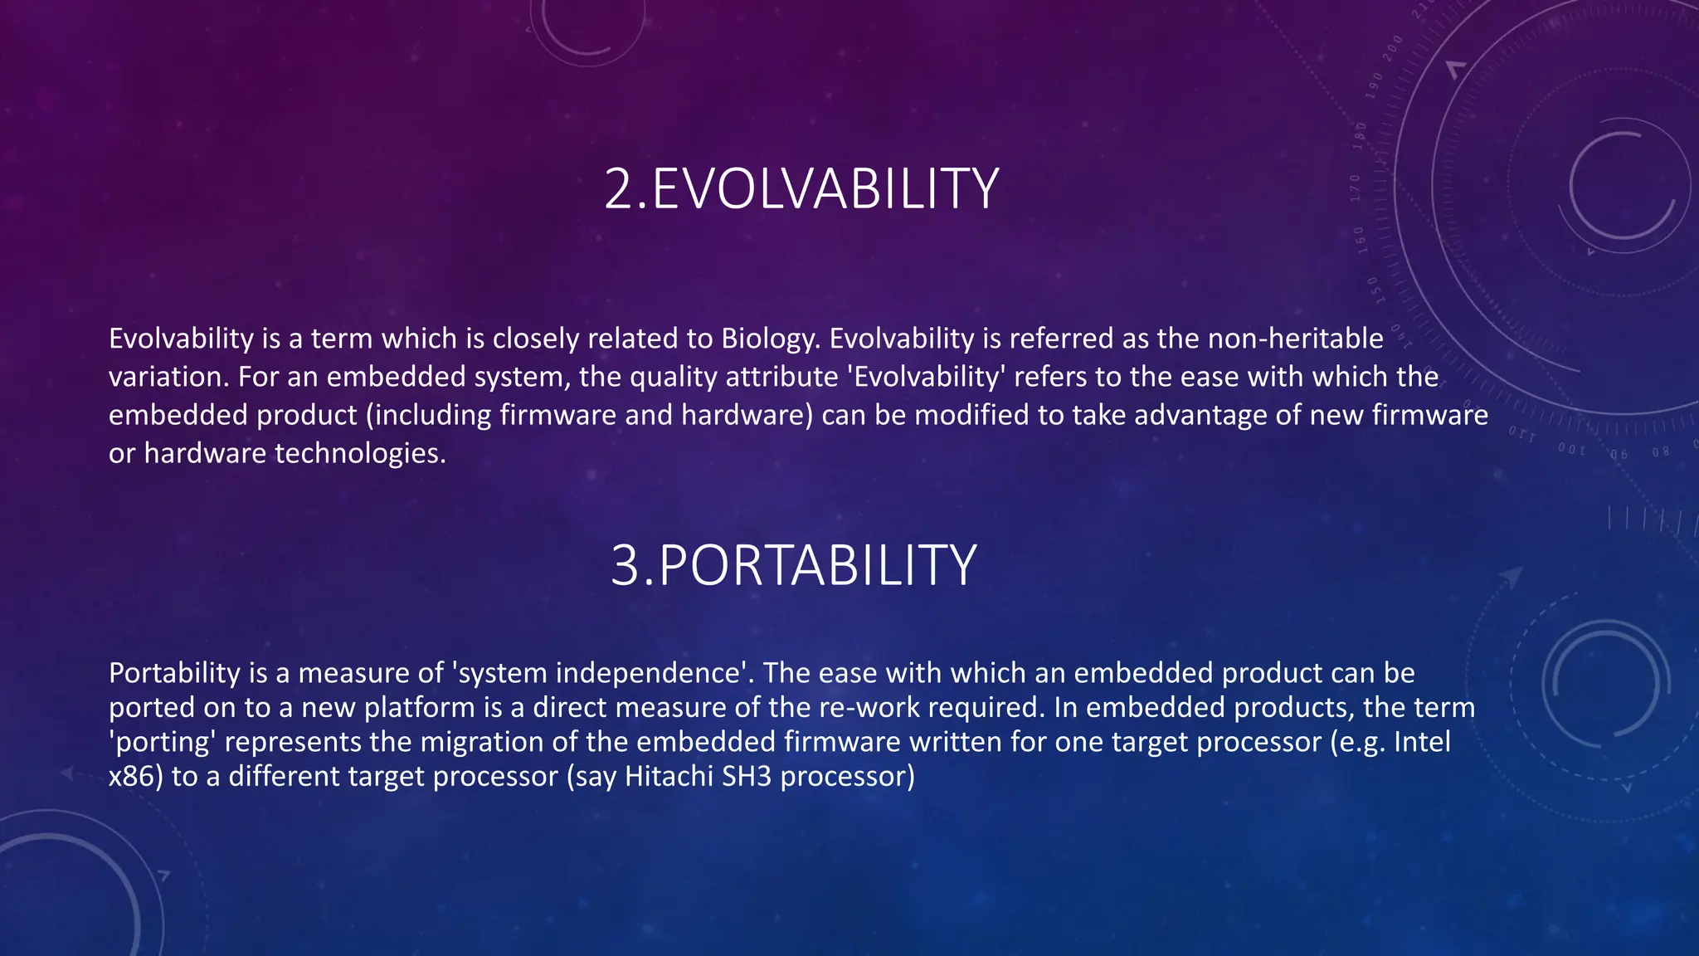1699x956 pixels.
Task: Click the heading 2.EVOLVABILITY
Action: click(801, 189)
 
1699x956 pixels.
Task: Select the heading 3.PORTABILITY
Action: click(793, 566)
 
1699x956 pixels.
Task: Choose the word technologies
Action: click(360, 453)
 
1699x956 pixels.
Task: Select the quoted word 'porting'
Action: click(163, 742)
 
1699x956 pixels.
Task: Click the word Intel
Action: click(1422, 742)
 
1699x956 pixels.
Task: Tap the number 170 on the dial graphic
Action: click(1356, 188)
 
